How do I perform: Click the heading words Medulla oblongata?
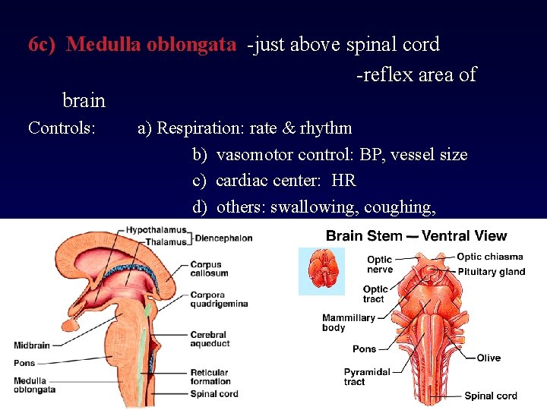pos(151,45)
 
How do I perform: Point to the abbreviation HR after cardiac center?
pos(343,181)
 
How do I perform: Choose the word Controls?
pos(62,128)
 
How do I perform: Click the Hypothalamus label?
pos(155,229)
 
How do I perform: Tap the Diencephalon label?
pos(223,238)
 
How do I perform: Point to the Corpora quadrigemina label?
pos(219,299)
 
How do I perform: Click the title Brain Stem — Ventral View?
pos(416,236)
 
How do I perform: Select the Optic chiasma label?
pos(490,257)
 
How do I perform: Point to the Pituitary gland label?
pos(492,271)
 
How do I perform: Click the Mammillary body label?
pos(349,323)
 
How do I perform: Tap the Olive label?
pos(489,358)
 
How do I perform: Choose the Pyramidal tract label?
pos(367,377)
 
